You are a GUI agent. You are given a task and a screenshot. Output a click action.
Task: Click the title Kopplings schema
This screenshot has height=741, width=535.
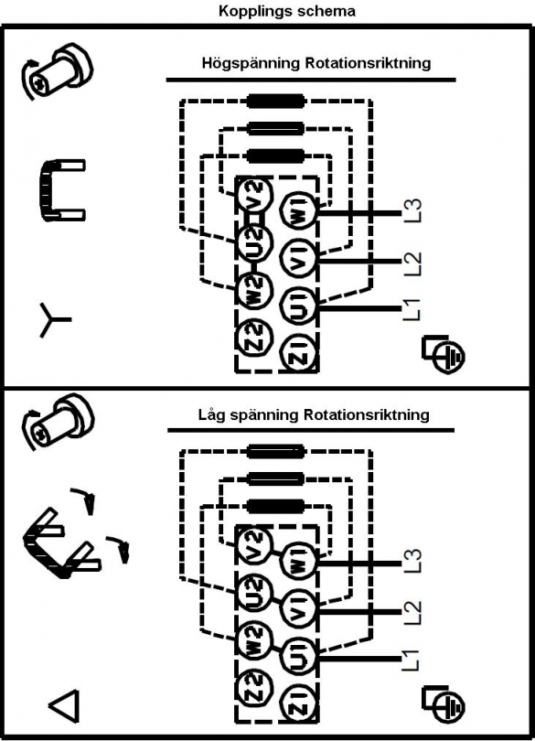[287, 11]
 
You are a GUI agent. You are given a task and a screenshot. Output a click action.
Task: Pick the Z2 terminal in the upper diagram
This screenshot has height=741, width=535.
[255, 338]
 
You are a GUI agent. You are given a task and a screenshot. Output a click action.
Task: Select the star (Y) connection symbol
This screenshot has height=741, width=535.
[54, 320]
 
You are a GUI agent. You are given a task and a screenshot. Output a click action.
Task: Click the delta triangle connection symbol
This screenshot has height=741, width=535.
[64, 706]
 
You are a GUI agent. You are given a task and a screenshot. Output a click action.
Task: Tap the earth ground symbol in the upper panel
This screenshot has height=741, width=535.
[444, 354]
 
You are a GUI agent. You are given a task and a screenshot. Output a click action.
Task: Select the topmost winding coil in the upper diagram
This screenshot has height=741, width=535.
[276, 101]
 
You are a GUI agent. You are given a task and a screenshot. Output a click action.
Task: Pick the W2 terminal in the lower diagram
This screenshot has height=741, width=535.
[255, 640]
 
